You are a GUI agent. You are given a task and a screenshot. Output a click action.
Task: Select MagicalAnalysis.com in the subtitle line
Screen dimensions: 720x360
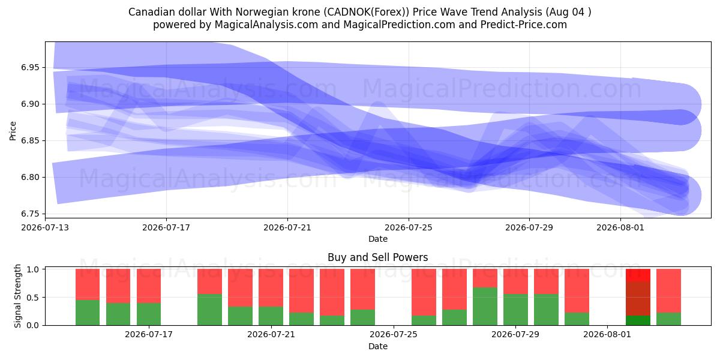(266, 25)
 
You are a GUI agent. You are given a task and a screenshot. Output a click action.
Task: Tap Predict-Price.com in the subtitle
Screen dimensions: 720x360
(524, 25)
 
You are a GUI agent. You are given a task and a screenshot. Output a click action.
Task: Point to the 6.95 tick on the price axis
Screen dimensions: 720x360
(30, 67)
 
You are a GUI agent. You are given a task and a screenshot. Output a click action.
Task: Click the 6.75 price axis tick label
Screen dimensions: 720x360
(30, 214)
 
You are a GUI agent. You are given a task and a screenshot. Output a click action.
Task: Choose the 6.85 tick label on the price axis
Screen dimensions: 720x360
(30, 141)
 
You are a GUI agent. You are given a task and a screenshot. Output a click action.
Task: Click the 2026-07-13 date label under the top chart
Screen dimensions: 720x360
(45, 227)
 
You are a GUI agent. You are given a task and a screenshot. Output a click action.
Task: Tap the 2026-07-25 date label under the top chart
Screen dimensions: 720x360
(409, 227)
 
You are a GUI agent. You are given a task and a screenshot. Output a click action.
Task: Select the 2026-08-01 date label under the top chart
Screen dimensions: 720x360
(620, 227)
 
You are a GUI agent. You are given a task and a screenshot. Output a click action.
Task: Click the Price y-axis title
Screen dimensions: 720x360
(13, 131)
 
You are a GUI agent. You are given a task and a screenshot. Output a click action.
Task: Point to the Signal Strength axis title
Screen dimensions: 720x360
(17, 296)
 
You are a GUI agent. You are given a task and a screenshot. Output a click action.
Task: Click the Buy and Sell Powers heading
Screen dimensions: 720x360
(377, 257)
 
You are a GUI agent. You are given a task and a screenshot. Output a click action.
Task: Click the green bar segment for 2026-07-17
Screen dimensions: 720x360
(149, 314)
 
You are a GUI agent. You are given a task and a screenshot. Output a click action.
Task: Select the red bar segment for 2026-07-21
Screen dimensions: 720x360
(271, 287)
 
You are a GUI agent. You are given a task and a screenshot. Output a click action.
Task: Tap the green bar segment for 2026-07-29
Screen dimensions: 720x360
(515, 310)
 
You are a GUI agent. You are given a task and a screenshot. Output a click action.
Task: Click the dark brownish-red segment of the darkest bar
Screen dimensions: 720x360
(638, 299)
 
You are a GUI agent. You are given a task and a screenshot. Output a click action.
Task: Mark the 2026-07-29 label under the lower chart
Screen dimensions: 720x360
(515, 335)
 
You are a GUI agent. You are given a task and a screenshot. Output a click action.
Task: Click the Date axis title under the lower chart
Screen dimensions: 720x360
(378, 347)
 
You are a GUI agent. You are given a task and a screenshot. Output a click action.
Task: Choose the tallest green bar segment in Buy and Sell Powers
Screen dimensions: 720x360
(485, 307)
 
